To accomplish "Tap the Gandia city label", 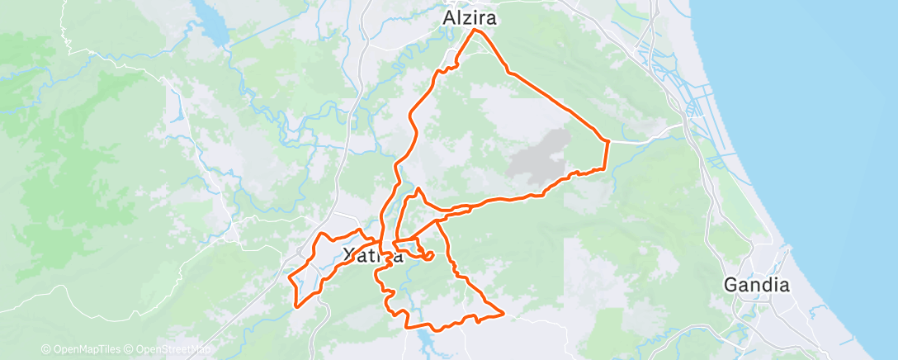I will pyautogui.click(x=756, y=285).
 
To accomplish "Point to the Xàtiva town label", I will pyautogui.click(x=372, y=255).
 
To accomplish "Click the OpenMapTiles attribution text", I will pyautogui.click(x=83, y=349).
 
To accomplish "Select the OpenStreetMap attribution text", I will pyautogui.click(x=170, y=349).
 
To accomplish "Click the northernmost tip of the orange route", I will pyautogui.click(x=475, y=30).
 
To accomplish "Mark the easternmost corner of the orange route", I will pyautogui.click(x=608, y=142).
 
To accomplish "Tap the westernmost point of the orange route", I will pyautogui.click(x=289, y=279).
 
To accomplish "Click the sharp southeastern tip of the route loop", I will pyautogui.click(x=503, y=312).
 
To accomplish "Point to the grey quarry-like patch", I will pyautogui.click(x=541, y=156).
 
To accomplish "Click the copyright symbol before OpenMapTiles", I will pyautogui.click(x=46, y=349).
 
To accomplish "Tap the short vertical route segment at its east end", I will pyautogui.click(x=607, y=155).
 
